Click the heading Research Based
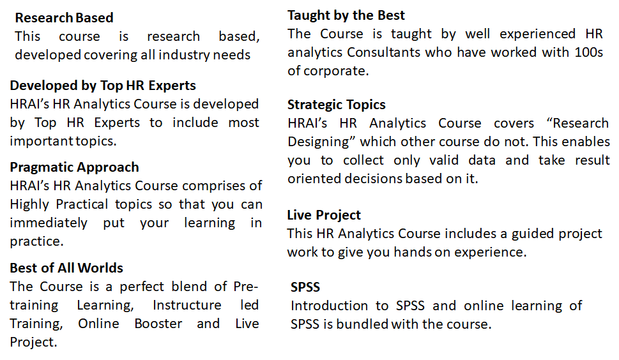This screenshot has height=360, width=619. (65, 18)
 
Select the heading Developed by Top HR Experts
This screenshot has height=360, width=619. (103, 86)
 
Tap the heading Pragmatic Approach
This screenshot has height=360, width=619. (75, 168)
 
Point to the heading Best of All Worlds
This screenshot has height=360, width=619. (66, 268)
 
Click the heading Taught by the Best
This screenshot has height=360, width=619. (346, 15)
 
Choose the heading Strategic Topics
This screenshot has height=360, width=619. (337, 105)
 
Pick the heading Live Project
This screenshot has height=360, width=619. (324, 215)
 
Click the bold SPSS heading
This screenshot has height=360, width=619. (305, 287)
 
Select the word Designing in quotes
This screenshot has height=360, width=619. (318, 142)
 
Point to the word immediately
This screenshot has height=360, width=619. (49, 223)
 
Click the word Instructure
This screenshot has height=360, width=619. (187, 305)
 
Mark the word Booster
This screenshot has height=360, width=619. (158, 324)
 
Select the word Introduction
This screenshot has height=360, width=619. (329, 306)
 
